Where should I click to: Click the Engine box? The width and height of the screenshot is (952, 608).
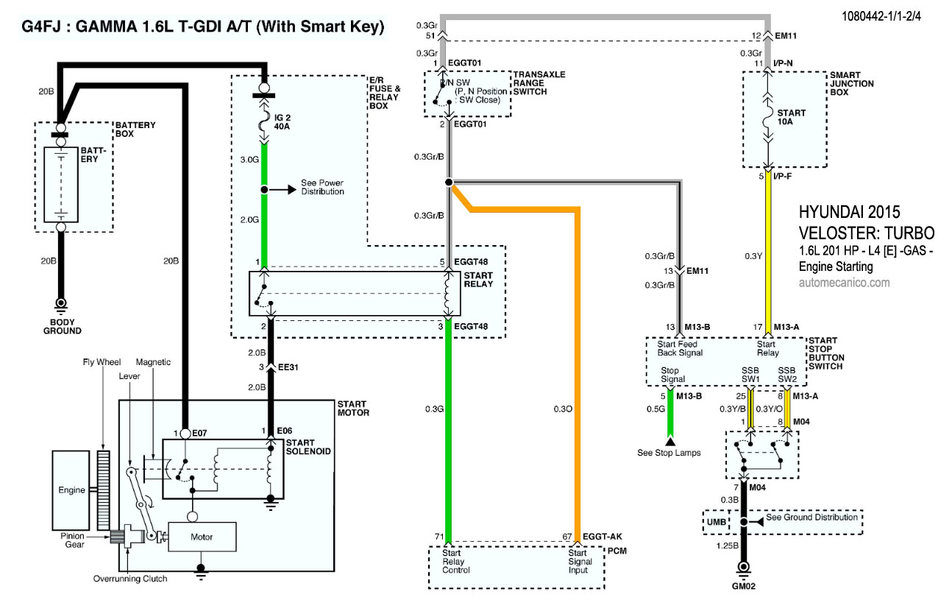pos(72,490)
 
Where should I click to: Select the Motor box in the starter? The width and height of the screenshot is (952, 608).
pos(202,537)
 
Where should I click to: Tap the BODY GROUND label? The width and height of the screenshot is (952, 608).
pos(62,327)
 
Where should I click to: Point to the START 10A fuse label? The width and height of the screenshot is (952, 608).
pos(791,118)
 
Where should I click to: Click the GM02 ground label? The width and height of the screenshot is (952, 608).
pos(743,587)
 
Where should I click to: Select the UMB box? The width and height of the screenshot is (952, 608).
pos(717,522)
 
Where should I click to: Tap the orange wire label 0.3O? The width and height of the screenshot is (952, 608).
pos(561,409)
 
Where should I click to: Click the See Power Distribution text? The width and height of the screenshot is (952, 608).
pos(322,187)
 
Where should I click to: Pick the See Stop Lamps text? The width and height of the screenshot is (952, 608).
pos(669,453)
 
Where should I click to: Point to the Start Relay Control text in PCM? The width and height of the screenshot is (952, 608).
pos(456,562)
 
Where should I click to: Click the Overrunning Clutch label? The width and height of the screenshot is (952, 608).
pos(130,579)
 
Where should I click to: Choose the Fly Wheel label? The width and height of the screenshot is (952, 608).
pos(102,362)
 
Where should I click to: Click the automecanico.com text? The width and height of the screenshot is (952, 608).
pos(844,282)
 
